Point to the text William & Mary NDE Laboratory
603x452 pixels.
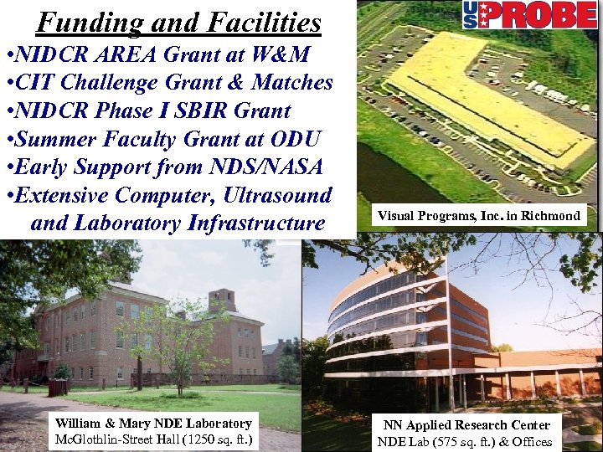(152, 424)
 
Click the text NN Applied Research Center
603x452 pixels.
(466, 425)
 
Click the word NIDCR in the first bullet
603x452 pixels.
(59, 55)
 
